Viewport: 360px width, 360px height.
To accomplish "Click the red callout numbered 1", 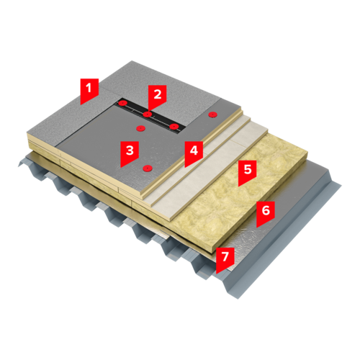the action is pos(89,89).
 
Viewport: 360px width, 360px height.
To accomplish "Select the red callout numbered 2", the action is pos(157,96).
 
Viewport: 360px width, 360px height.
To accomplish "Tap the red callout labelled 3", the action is pos(130,152).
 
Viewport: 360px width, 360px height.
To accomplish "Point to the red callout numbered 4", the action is pos(194,152).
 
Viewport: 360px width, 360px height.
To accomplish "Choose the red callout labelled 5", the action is pos(247,171).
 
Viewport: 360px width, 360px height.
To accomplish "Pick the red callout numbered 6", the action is pos(266,212).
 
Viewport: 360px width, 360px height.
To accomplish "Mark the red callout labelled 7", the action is pos(225,258).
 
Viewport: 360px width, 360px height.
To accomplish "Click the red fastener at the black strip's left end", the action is pos(123,103).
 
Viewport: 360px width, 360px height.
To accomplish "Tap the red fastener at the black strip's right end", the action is pos(174,126).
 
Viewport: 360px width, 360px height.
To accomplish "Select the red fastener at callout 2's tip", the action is pos(148,114).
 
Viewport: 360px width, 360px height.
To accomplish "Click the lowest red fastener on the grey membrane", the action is pos(148,168).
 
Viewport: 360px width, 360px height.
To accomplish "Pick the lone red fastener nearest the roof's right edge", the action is pos(212,114).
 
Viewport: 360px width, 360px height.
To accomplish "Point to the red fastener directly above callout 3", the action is pos(140,128).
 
